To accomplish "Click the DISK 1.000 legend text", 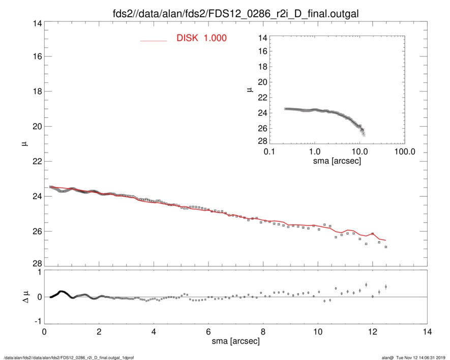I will (201, 39).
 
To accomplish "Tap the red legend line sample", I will (153, 40).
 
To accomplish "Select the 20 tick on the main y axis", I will (36, 126).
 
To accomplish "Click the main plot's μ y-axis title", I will (24, 145).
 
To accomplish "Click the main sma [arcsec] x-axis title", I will (235, 341).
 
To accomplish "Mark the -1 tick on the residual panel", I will (37, 321).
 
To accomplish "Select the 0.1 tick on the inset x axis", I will (269, 152).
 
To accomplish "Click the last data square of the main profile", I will (386, 247).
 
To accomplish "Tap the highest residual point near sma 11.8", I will (366, 285).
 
